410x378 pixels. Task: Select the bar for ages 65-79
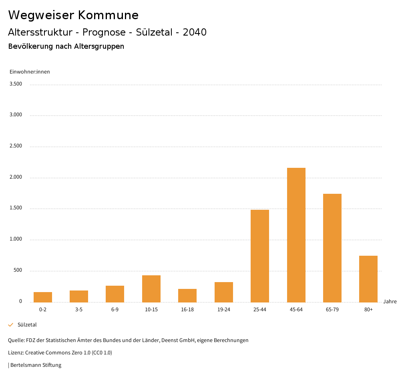point(332,248)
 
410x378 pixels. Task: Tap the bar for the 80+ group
point(368,279)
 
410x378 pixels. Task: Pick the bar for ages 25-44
point(260,256)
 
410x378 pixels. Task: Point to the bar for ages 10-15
point(151,288)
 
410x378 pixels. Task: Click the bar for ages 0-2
point(43,297)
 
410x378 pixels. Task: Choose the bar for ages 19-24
point(224,292)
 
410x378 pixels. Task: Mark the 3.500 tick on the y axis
point(16,84)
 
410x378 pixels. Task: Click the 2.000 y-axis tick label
point(16,177)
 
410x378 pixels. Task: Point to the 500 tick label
point(18,271)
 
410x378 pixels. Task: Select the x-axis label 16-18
point(187,310)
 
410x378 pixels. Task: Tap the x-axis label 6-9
point(115,310)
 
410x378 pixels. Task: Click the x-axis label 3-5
point(79,310)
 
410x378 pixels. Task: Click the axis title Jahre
point(390,302)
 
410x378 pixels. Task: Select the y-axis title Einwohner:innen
point(30,72)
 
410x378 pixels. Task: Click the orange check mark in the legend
point(11,325)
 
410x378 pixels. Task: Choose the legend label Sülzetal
point(27,325)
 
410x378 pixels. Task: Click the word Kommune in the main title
point(108,15)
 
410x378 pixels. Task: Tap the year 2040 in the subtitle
point(195,32)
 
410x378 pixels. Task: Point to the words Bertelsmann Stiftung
point(36,365)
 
